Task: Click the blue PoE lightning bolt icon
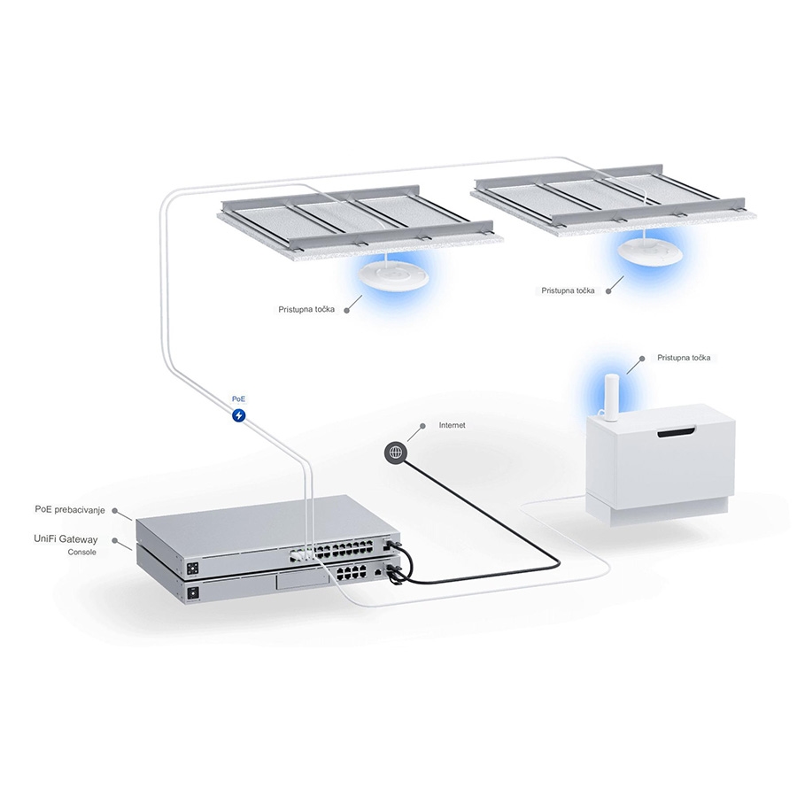(238, 415)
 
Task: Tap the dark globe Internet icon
(396, 452)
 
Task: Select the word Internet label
(452, 425)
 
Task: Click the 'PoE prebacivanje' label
(70, 509)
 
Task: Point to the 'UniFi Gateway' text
(66, 538)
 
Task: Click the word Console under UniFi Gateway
(81, 552)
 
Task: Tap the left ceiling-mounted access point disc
(391, 275)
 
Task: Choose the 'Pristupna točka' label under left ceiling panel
(306, 309)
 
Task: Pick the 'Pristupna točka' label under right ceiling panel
(568, 290)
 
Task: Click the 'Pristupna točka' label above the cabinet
(684, 358)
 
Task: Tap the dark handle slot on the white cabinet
(676, 433)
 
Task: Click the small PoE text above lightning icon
(238, 399)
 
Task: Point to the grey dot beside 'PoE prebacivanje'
(115, 510)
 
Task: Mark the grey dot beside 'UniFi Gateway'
(115, 540)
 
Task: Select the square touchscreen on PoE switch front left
(193, 569)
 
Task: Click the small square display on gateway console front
(193, 592)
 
